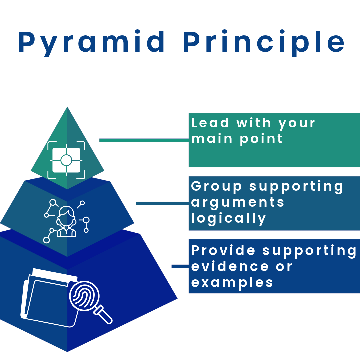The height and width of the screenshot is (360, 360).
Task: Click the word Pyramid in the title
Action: [92, 43]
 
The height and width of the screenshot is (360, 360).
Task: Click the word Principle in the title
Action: [263, 43]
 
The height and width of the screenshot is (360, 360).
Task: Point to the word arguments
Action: [238, 203]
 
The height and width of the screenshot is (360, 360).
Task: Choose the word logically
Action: [229, 218]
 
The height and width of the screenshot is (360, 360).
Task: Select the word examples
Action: [232, 282]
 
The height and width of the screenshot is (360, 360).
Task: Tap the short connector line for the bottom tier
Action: [180, 266]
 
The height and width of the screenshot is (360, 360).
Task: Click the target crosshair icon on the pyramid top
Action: [66, 160]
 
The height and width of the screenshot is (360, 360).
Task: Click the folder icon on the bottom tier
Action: [47, 298]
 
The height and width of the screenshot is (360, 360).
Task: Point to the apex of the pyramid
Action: [67, 108]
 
